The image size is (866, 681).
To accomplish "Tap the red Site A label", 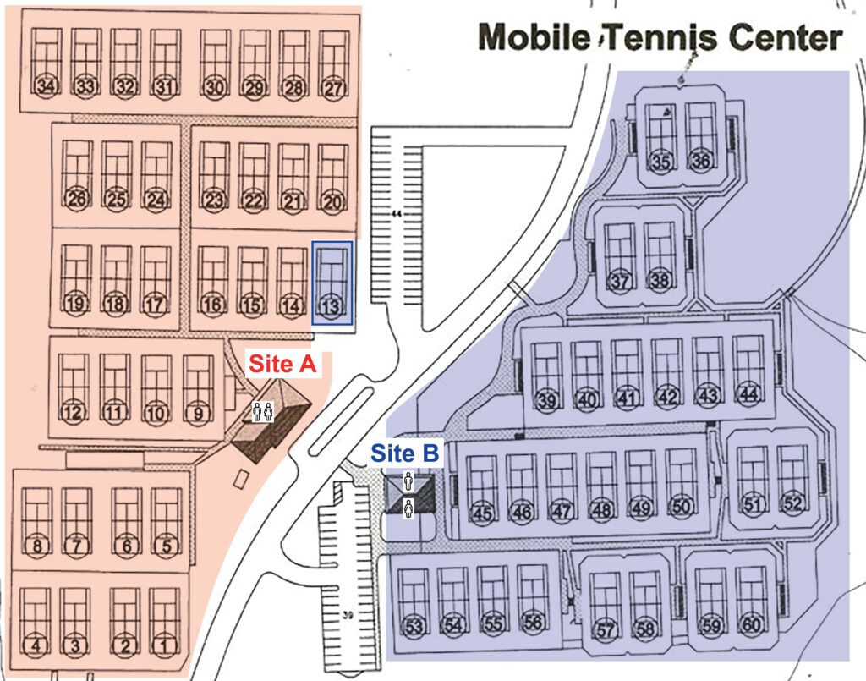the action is click(281, 365).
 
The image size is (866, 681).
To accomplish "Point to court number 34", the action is click(47, 85).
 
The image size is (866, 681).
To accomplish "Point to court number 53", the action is click(414, 627).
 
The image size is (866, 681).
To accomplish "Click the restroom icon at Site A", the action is click(263, 412).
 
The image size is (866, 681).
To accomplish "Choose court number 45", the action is click(483, 512).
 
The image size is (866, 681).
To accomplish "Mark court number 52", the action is click(792, 503).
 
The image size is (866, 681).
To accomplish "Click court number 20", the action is click(334, 201).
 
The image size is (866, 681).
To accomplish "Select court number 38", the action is click(658, 280).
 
